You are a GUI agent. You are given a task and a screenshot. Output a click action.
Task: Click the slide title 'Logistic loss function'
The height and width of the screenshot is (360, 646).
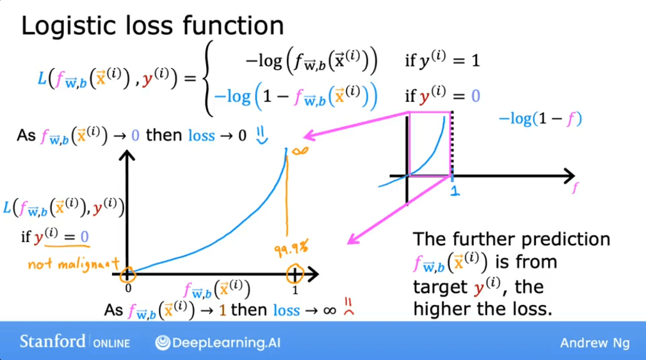click(x=152, y=26)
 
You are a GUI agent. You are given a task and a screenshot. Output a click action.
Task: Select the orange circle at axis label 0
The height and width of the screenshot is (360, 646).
click(x=128, y=275)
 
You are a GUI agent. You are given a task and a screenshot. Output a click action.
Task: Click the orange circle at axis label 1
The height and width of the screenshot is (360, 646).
click(x=295, y=275)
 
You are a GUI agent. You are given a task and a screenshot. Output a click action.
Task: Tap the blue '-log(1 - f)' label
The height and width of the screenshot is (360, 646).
click(x=540, y=119)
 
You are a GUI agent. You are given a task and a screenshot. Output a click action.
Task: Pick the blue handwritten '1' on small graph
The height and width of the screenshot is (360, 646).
click(x=454, y=190)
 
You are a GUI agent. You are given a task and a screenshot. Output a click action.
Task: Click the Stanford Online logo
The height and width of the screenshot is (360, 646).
click(x=74, y=341)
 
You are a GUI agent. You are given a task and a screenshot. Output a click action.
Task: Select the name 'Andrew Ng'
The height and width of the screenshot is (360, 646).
click(x=594, y=343)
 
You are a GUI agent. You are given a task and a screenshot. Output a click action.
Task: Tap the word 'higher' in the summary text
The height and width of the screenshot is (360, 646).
click(x=440, y=309)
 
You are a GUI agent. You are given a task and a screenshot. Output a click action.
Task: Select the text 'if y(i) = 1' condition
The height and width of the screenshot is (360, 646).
click(x=442, y=61)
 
